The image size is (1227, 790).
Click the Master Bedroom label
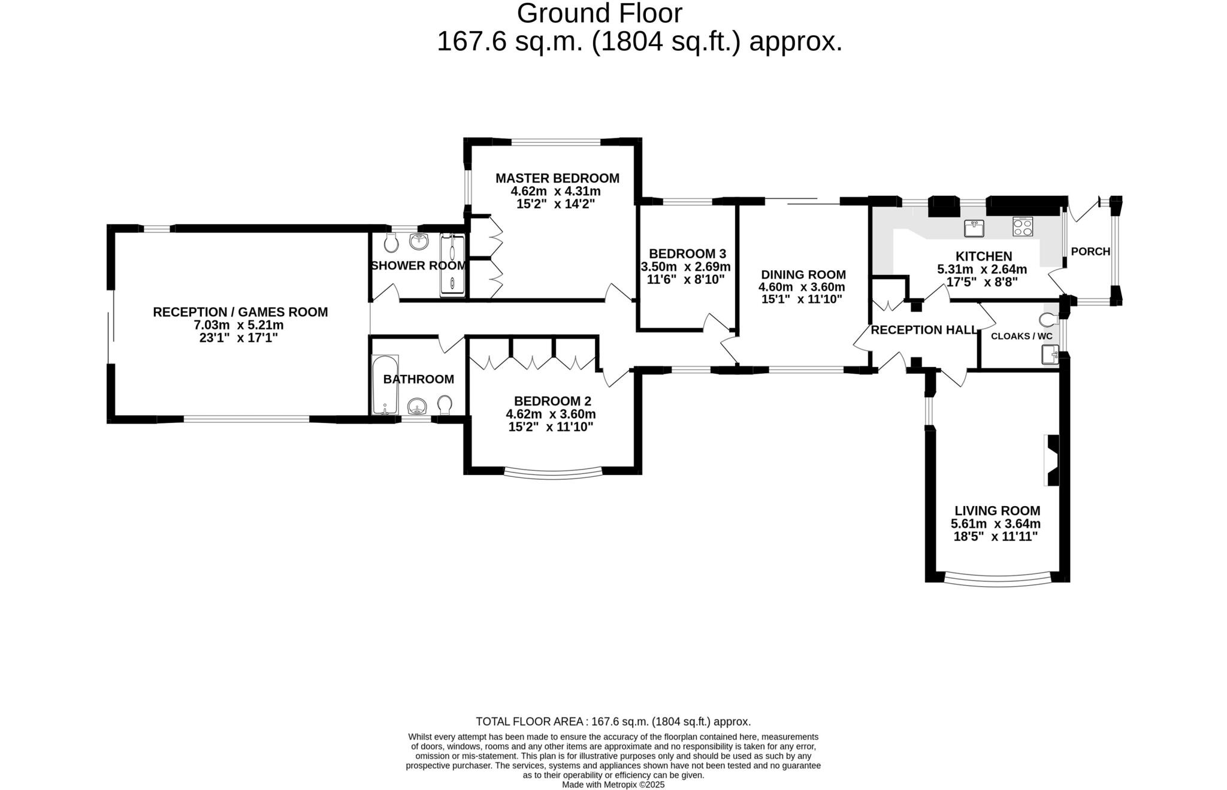click(x=557, y=178)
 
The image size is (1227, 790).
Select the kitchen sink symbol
click(x=974, y=228)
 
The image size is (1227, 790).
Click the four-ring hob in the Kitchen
click(x=1022, y=226)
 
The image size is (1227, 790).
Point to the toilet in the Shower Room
click(x=391, y=243)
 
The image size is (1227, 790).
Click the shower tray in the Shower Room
click(x=452, y=265)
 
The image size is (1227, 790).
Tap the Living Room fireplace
click(x=1051, y=460)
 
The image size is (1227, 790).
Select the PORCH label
click(x=1090, y=252)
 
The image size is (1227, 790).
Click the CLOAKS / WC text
click(x=1022, y=336)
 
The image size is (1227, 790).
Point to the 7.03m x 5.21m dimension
click(x=238, y=325)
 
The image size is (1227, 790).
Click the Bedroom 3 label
click(x=687, y=253)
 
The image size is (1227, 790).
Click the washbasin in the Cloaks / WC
click(x=1050, y=355)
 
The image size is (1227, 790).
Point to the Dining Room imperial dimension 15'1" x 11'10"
click(x=802, y=299)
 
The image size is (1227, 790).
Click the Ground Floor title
click(x=599, y=13)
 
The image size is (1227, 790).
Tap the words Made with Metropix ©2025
click(x=613, y=785)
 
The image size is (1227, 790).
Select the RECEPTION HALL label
click(x=923, y=330)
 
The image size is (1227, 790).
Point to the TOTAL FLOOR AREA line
click(x=613, y=722)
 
